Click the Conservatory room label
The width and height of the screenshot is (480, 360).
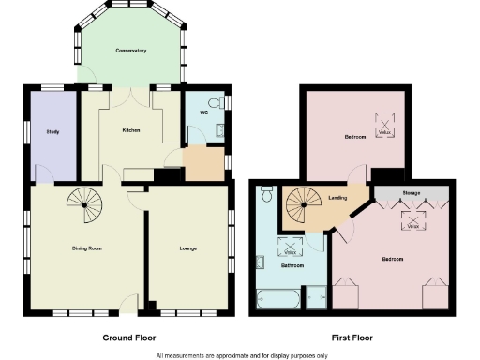130,50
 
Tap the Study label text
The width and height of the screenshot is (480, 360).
53,131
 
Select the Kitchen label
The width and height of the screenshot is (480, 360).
130,129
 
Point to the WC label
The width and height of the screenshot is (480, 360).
203,112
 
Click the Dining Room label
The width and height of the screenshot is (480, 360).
86,248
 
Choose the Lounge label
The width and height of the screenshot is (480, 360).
189,248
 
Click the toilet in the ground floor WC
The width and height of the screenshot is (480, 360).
212,103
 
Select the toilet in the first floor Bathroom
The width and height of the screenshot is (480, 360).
266,194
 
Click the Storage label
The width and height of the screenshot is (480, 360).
412,193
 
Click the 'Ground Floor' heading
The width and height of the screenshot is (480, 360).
129,337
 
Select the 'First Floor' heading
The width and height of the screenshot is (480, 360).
352,337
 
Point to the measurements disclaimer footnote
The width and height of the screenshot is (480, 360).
242,355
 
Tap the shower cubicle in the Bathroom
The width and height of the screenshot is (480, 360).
316,297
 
